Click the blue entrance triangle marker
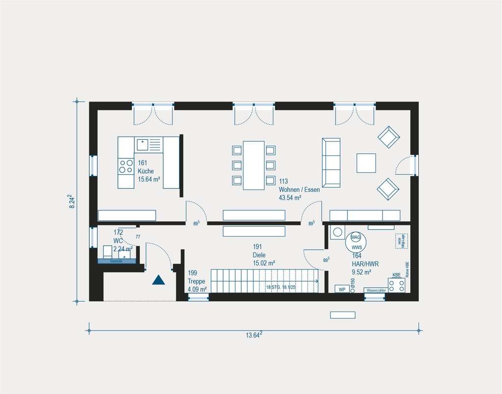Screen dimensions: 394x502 158,280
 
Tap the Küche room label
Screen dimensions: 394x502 146,171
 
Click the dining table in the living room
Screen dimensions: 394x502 253,165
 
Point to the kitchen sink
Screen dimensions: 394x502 143,144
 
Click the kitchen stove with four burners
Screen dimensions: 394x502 126,166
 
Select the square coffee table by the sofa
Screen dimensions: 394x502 366,163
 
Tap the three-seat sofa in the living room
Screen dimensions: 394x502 331,162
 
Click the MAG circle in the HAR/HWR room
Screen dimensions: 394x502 355,236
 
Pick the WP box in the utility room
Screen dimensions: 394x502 342,289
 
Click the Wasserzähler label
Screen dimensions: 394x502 376,290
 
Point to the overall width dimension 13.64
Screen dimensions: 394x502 253,336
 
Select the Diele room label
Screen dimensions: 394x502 260,256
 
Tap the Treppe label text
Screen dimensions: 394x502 197,281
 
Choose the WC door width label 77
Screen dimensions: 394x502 138,237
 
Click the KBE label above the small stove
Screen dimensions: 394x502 396,275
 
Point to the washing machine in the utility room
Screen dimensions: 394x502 338,232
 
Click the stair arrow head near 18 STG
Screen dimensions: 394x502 317,281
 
